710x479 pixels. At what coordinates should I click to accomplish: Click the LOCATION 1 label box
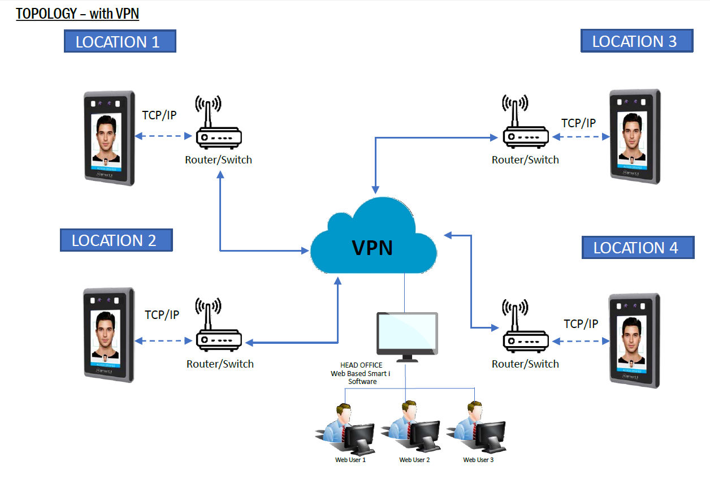click(x=120, y=41)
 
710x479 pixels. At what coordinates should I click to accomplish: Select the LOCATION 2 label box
click(x=116, y=240)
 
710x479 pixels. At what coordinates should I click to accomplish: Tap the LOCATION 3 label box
click(x=637, y=41)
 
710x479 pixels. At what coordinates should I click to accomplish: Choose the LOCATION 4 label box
click(x=638, y=248)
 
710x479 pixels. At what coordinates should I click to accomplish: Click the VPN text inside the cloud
click(x=373, y=247)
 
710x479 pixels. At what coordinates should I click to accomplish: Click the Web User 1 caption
click(x=350, y=460)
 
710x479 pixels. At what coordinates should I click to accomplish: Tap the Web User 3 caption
click(x=478, y=460)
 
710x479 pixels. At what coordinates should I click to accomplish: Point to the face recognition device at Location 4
click(x=634, y=340)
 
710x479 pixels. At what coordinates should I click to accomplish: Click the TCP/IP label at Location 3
click(x=578, y=123)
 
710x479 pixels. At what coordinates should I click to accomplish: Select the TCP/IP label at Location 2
click(x=162, y=315)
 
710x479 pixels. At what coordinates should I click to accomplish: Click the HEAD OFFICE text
click(x=361, y=365)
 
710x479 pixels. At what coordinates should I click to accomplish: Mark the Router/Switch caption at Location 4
click(x=525, y=364)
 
